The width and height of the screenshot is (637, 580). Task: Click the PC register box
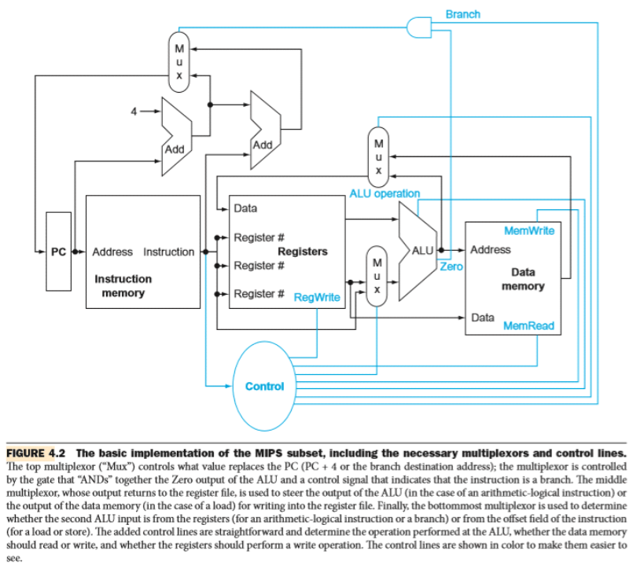tap(58, 251)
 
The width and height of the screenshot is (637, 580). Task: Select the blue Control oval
tap(264, 385)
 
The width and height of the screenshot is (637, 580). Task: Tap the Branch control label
tap(462, 14)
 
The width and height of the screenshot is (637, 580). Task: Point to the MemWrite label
tap(528, 230)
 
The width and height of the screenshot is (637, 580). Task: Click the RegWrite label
tap(316, 297)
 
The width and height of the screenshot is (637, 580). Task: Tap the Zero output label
tap(451, 267)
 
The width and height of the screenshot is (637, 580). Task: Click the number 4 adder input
tap(134, 111)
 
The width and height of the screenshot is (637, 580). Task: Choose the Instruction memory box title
tap(123, 286)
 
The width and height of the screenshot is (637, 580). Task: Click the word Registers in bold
tap(302, 251)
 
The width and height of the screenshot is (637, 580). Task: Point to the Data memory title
tap(523, 279)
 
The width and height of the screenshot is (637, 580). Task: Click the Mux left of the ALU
tap(377, 275)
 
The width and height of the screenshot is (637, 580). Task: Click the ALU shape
tap(420, 250)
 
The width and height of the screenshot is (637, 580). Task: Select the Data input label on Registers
tap(245, 209)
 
